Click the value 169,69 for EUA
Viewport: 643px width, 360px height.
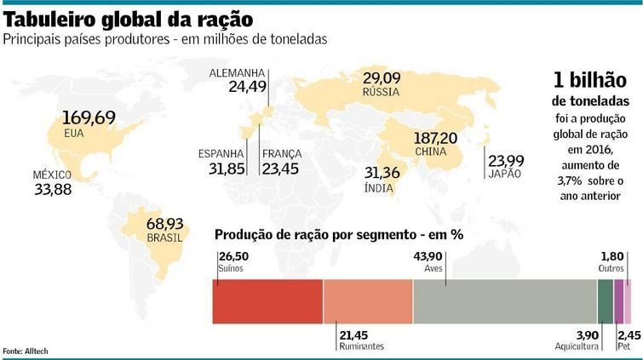pyautogui.click(x=89, y=117)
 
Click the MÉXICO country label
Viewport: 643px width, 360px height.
pyautogui.click(x=52, y=174)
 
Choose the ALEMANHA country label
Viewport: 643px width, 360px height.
pyautogui.click(x=238, y=73)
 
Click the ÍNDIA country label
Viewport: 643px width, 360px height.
pyautogui.click(x=377, y=188)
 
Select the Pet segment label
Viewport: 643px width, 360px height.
pyautogui.click(x=624, y=346)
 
